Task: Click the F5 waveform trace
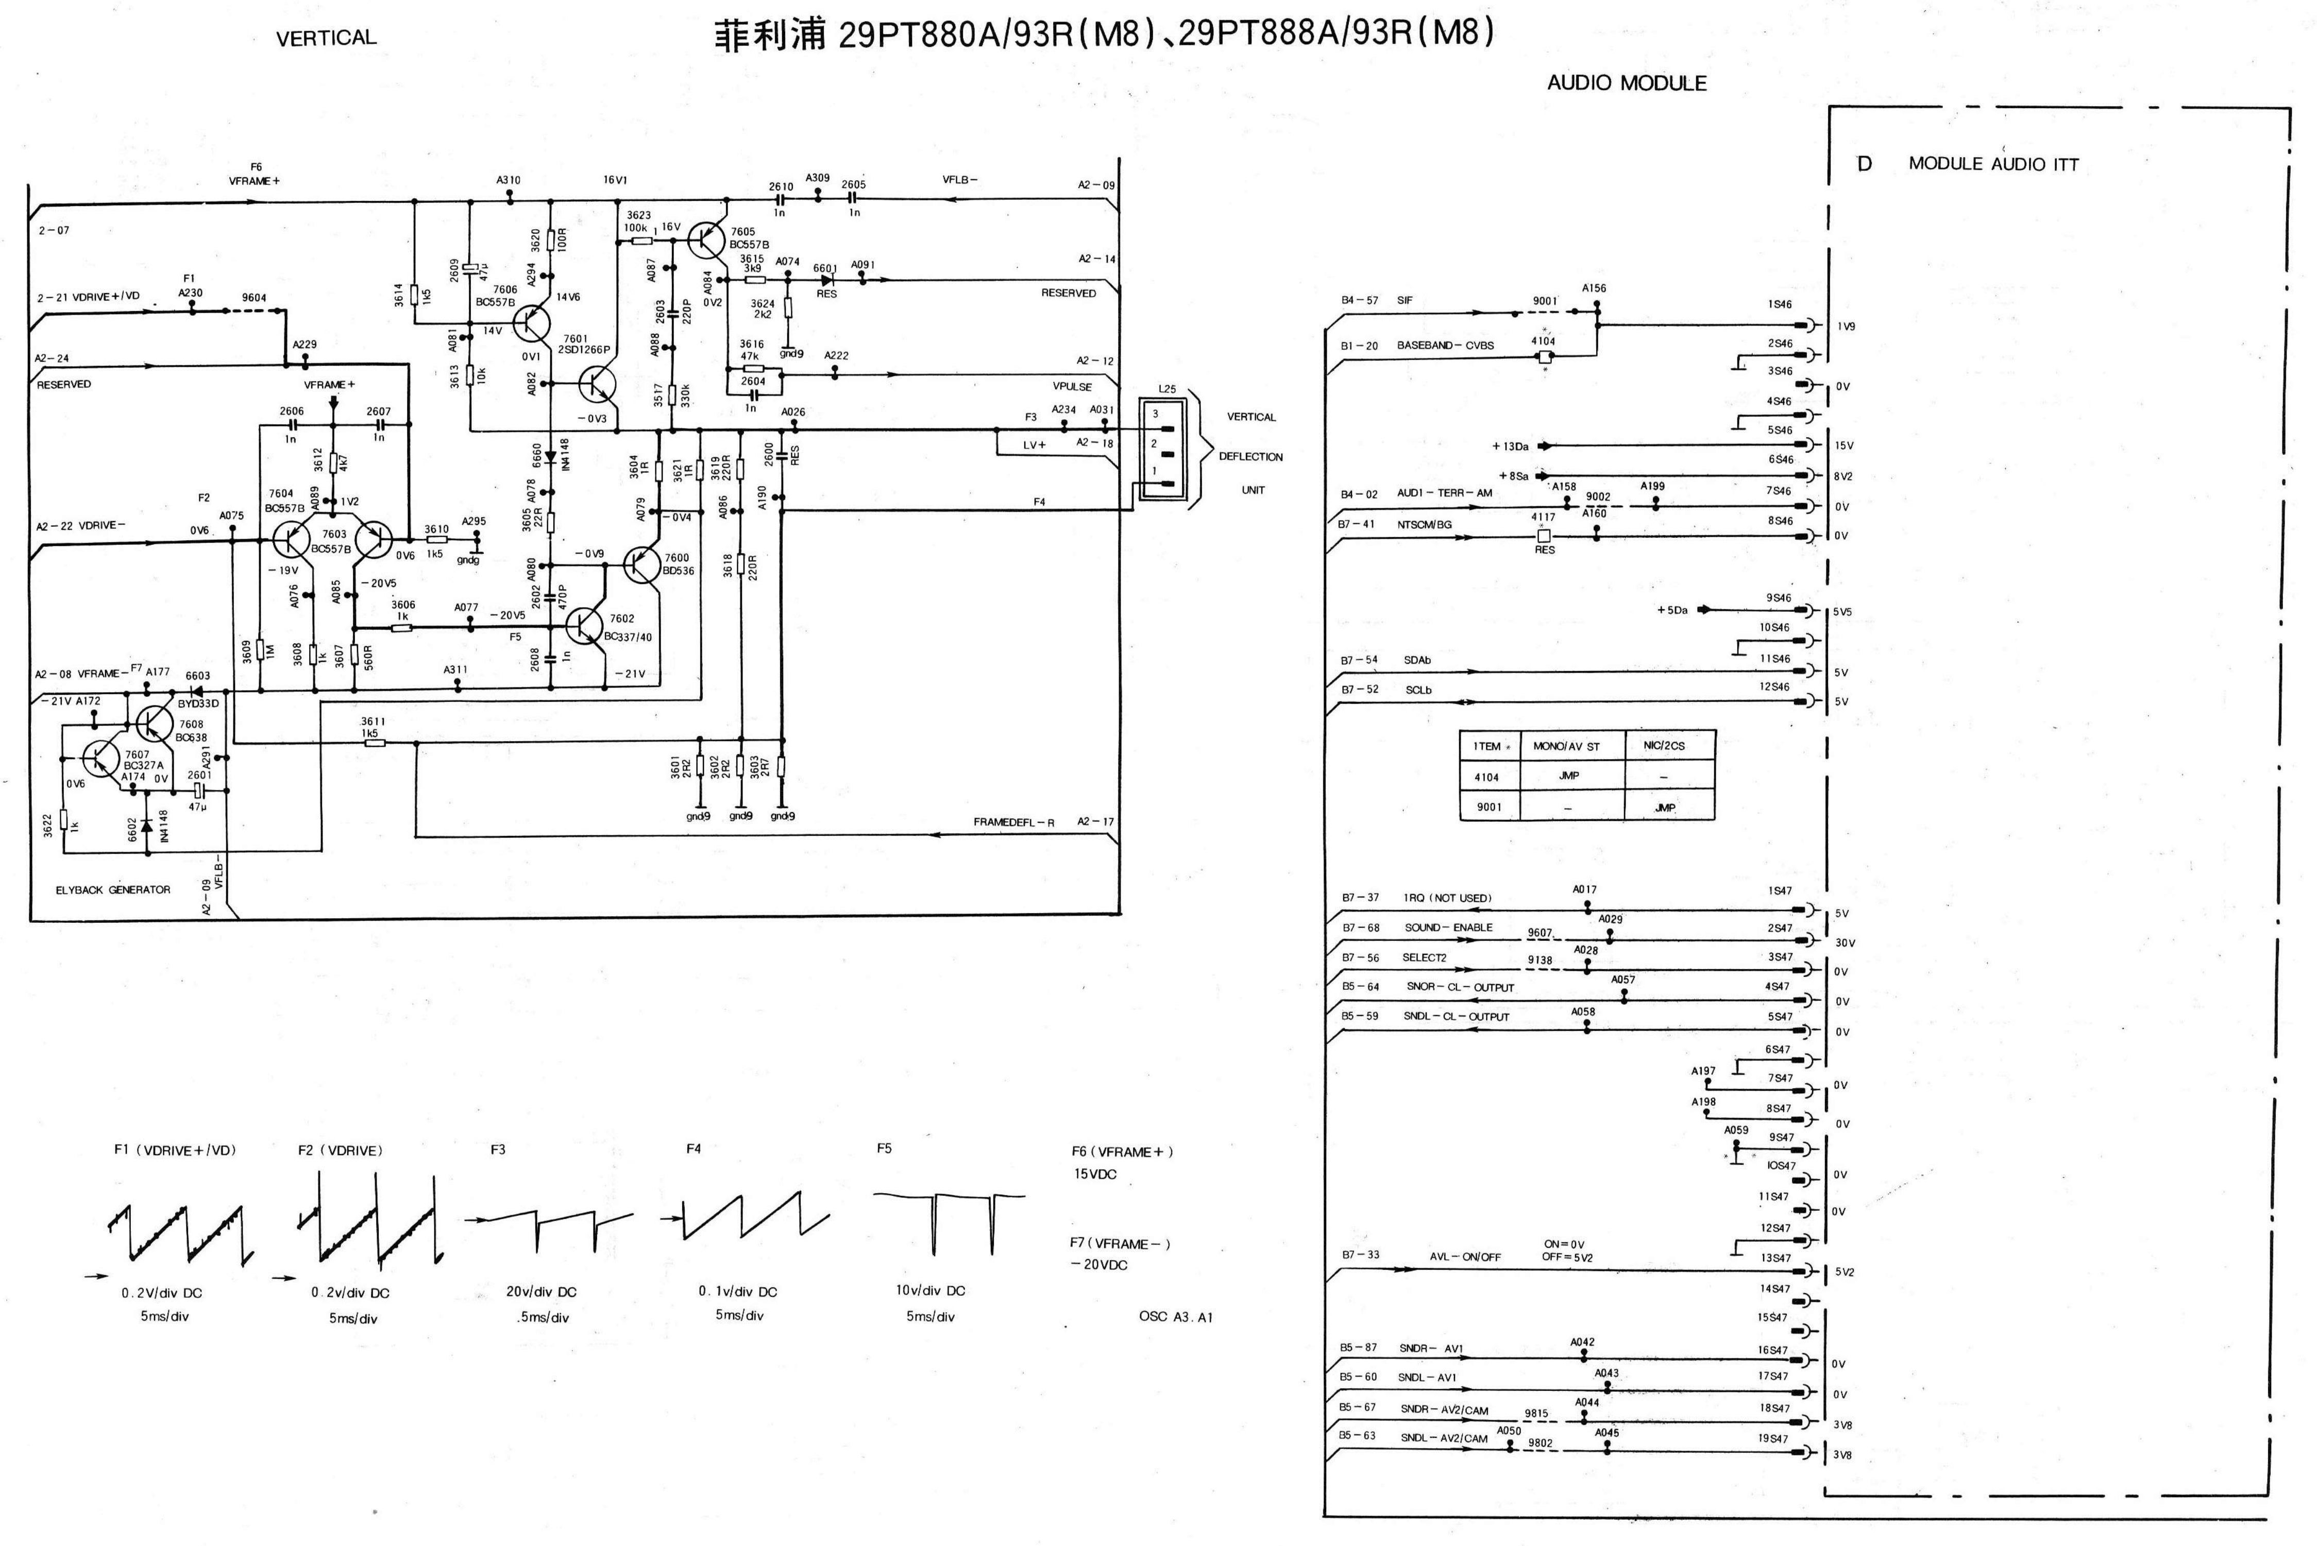948,1221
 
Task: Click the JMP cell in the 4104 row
1568,776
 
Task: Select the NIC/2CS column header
1664,745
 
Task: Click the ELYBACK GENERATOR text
113,889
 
